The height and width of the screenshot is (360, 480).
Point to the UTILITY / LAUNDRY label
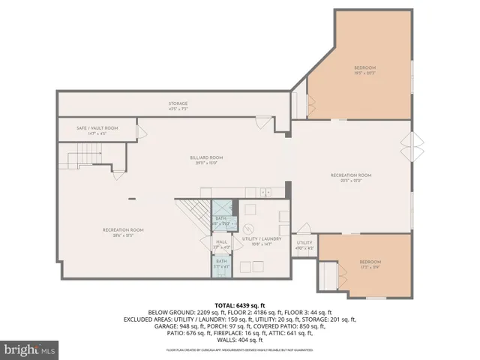click(259, 241)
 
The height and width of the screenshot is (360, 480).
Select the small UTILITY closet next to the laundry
click(304, 244)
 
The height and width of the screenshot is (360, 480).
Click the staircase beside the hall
click(193, 217)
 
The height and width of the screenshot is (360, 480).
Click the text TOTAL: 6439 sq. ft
click(241, 306)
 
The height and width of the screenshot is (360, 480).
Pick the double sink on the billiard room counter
click(267, 193)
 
